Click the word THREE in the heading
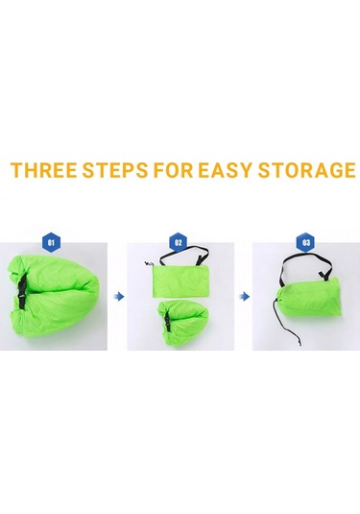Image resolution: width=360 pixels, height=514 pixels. pos(43,170)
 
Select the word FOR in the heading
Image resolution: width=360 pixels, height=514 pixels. pos(173,170)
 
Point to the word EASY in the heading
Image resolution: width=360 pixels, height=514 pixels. pos(226,170)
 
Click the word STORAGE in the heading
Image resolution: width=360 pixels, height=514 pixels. pos(306,170)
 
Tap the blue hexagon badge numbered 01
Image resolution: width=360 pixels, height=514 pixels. pos(51,242)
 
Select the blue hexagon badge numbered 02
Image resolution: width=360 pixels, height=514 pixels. pos(178,242)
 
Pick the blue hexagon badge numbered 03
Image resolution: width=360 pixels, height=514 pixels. pos(305,242)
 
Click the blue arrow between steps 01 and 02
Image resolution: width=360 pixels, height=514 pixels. pos(120,297)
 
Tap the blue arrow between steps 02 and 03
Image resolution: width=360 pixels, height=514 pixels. pos(245,297)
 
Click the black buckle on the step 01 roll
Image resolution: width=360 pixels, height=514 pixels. pos(22,291)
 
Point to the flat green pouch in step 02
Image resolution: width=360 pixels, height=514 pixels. pos(180,281)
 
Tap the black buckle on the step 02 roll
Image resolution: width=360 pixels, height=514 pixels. pos(167,321)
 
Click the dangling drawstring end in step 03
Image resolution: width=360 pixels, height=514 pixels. pos(299,344)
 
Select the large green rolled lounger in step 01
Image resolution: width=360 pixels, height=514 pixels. pos(54,300)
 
